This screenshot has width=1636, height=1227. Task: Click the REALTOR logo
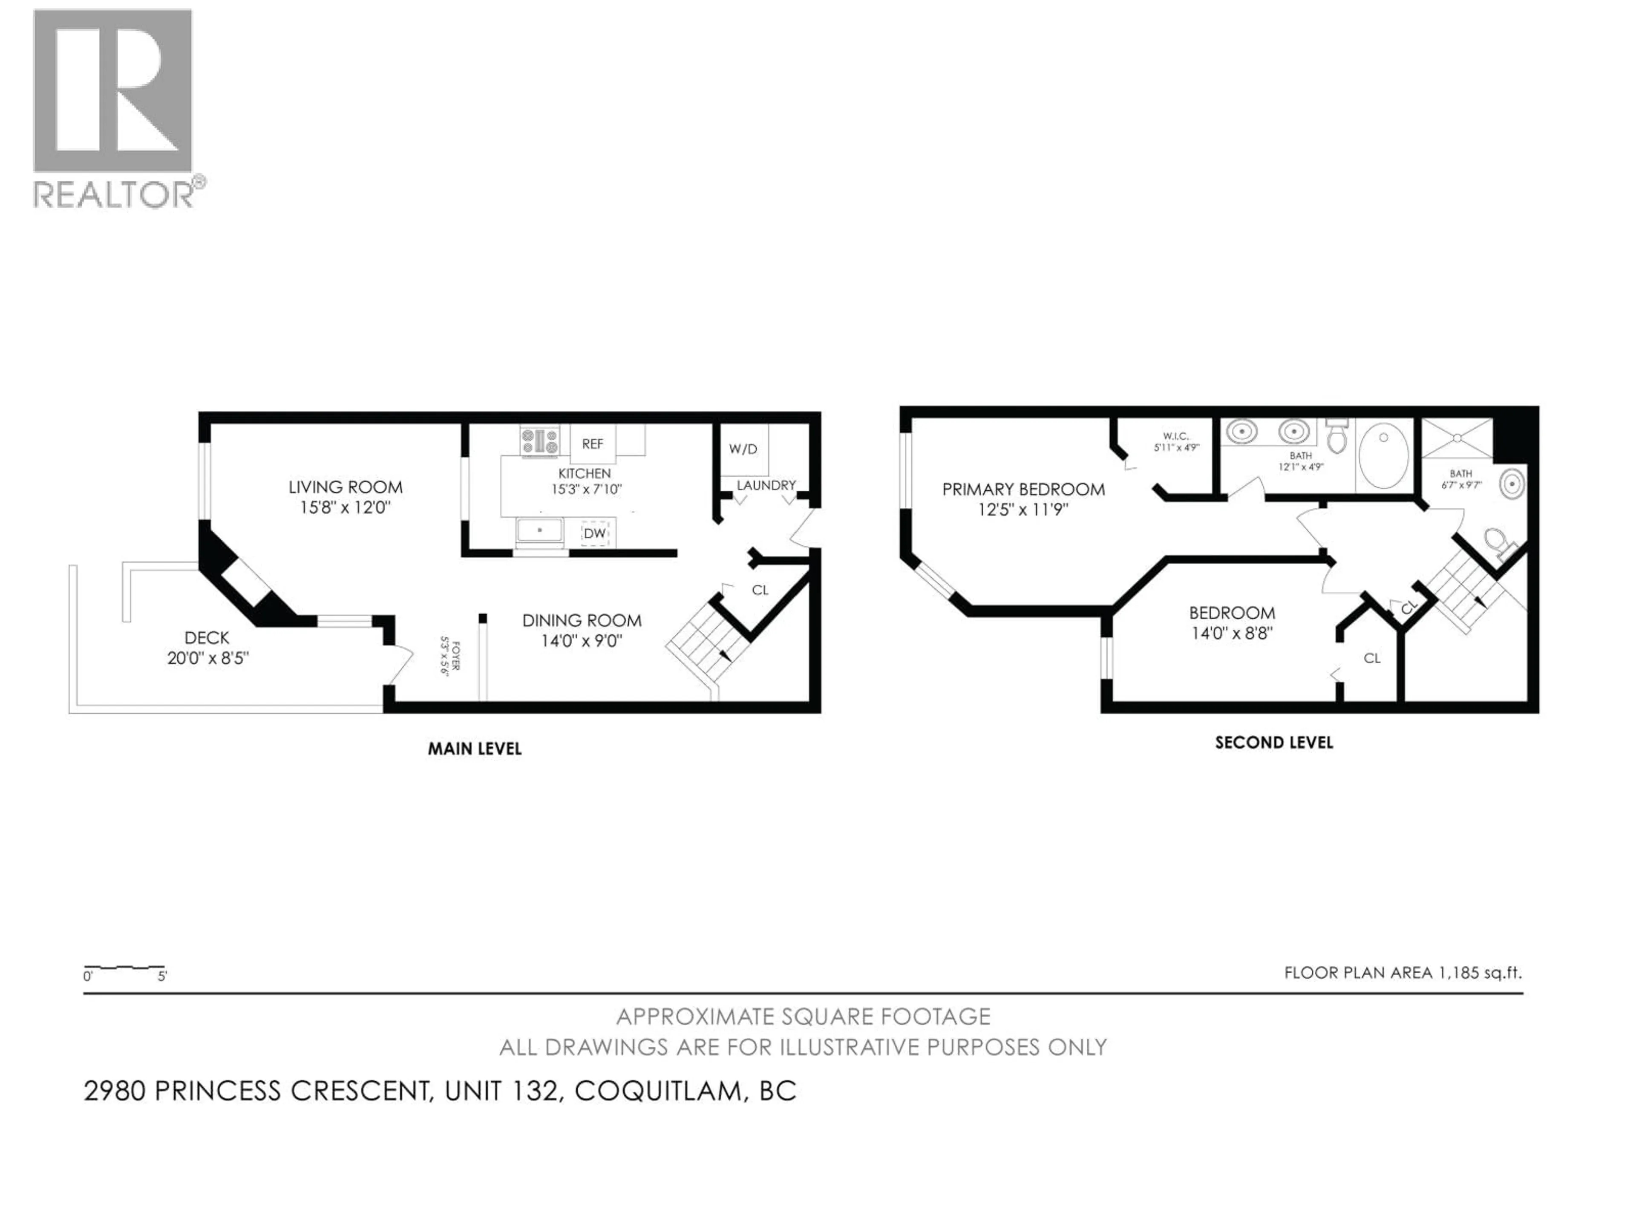coord(115,107)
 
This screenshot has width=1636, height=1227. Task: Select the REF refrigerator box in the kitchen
coord(593,444)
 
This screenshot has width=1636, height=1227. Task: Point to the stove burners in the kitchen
coord(540,441)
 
